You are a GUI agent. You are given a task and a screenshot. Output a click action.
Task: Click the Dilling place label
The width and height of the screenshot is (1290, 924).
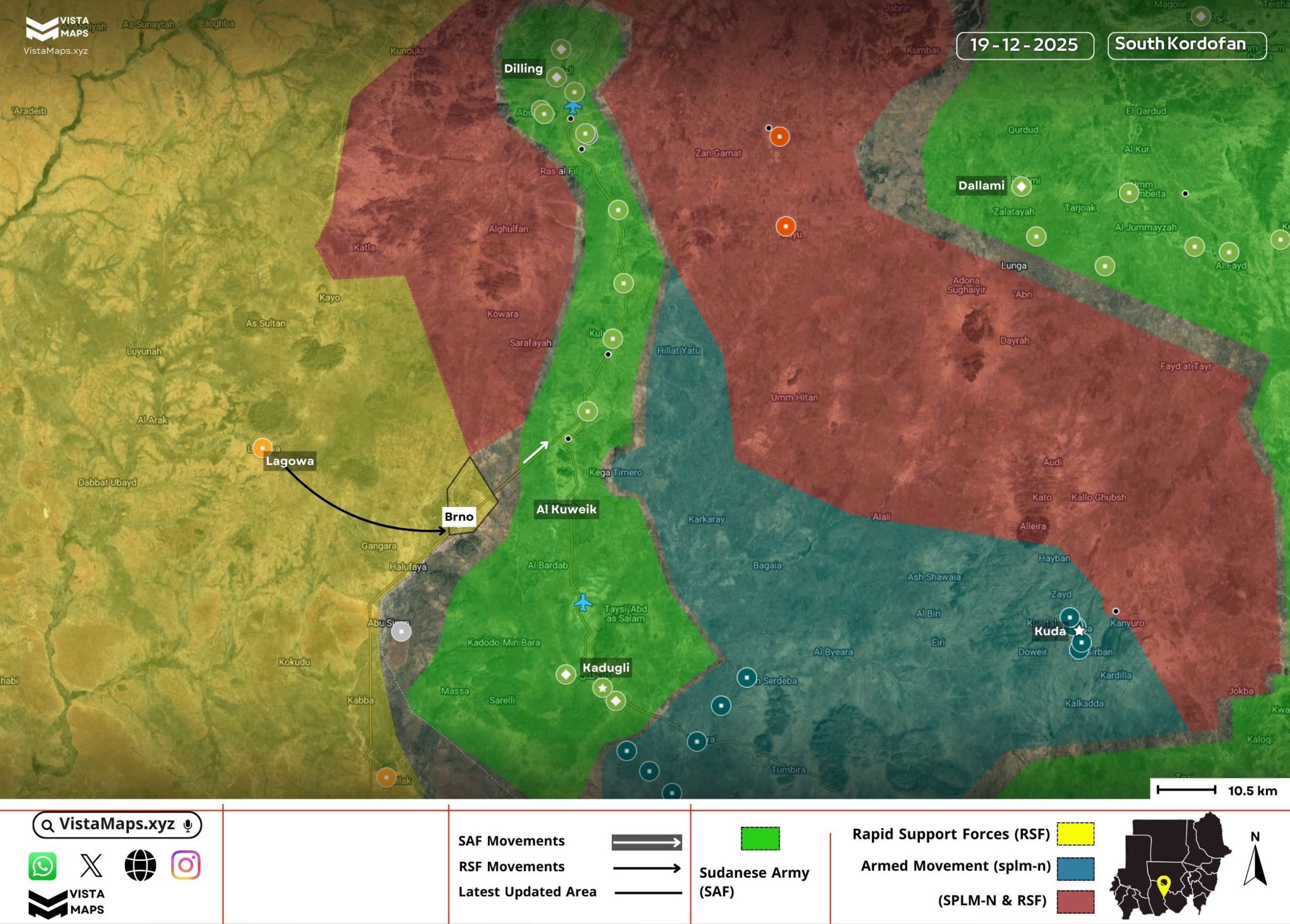click(x=523, y=69)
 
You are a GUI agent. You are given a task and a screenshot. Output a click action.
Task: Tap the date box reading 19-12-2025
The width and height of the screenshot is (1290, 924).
click(x=1024, y=45)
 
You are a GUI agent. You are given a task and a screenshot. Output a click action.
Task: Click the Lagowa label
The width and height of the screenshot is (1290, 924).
click(x=290, y=461)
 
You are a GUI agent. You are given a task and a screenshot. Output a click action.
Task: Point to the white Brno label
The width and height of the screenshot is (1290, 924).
click(x=459, y=517)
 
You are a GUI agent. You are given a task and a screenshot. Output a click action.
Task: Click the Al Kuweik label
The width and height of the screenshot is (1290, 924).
click(x=566, y=509)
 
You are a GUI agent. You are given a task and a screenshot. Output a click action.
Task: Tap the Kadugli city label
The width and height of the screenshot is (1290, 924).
click(x=606, y=668)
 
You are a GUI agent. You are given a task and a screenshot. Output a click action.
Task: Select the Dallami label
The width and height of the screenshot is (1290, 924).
click(x=981, y=185)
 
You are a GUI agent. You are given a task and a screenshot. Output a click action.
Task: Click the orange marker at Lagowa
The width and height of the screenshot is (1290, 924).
click(x=262, y=447)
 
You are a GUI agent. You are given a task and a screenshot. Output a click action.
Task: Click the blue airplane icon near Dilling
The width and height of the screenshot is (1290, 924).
click(x=573, y=107)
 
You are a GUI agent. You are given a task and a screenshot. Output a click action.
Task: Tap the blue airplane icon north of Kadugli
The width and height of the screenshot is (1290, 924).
click(x=583, y=602)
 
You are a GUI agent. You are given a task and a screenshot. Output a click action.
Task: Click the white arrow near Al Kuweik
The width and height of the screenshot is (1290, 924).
click(x=536, y=452)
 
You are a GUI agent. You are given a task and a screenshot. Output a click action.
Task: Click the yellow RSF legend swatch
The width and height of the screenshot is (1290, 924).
click(x=1075, y=834)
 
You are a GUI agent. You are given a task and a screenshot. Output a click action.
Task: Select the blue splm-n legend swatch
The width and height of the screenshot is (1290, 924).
click(x=1075, y=868)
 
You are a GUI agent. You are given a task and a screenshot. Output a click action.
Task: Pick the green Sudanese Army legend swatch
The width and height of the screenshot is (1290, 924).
click(x=760, y=838)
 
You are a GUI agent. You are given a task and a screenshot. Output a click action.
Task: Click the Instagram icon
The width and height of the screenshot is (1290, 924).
click(x=185, y=865)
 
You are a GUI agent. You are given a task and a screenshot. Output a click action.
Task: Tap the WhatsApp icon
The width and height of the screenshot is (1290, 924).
click(x=43, y=866)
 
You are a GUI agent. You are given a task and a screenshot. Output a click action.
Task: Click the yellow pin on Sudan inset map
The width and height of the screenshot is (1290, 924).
click(x=1163, y=884)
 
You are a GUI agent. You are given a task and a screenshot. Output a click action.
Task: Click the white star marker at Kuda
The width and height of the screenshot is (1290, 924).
click(x=1079, y=631)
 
